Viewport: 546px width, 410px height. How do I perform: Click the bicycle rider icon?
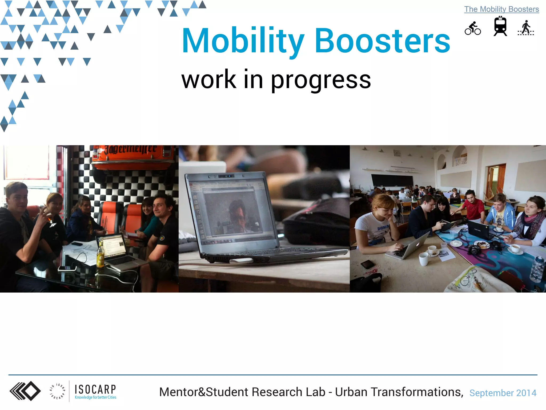(473, 28)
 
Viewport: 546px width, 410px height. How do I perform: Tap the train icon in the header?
(500, 26)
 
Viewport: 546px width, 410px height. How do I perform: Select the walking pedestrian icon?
(526, 28)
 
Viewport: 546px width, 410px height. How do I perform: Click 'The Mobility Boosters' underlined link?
(501, 9)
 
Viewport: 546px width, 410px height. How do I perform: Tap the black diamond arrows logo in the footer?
(25, 391)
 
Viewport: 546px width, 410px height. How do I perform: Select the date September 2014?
(503, 393)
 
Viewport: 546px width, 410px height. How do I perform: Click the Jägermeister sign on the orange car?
(130, 150)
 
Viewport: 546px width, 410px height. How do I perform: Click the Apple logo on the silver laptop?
(418, 244)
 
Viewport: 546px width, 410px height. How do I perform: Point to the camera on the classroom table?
(475, 250)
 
